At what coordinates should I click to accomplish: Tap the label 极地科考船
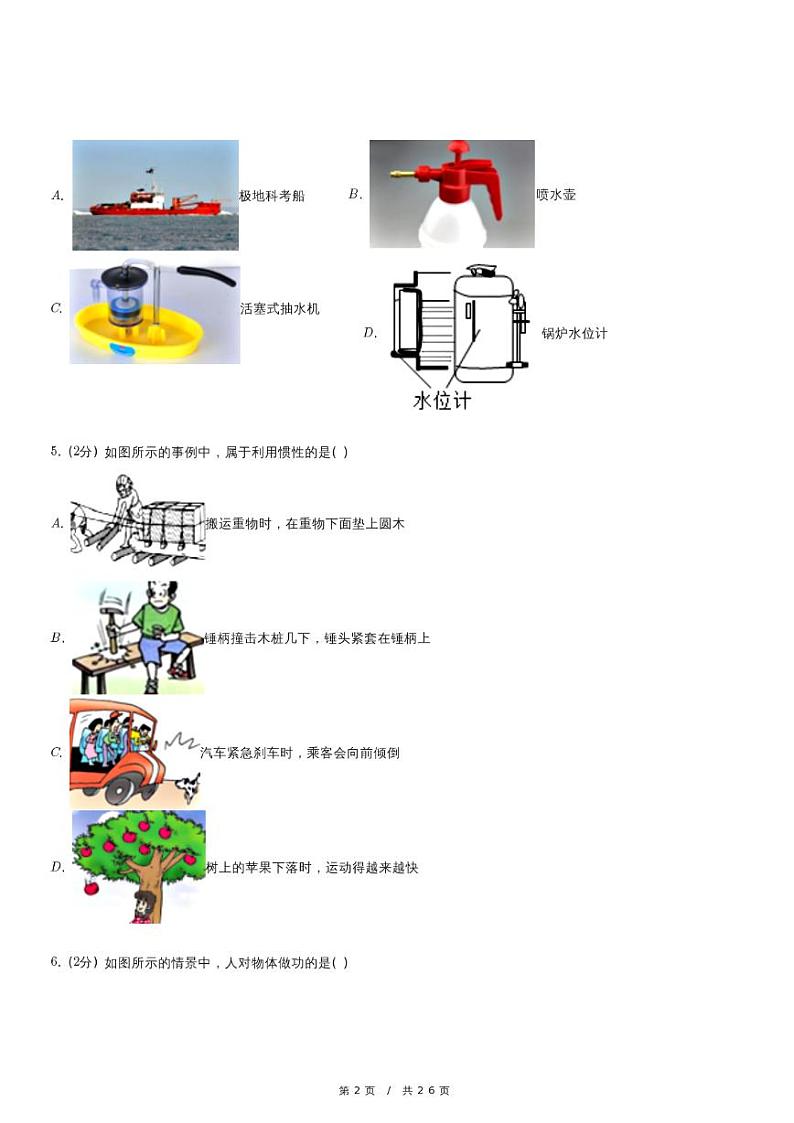(272, 196)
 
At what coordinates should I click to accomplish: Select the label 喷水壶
(556, 195)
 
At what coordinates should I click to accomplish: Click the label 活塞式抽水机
(281, 309)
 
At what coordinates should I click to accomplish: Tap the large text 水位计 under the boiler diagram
(441, 401)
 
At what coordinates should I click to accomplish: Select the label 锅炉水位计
(574, 333)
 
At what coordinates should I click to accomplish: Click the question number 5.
(56, 452)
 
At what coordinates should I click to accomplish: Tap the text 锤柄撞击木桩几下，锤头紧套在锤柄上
(317, 638)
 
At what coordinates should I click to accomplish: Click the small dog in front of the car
(187, 790)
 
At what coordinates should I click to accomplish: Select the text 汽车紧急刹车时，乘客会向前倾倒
(300, 753)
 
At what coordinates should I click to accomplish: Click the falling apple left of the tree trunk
(90, 887)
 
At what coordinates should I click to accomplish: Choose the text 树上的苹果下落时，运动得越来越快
(312, 868)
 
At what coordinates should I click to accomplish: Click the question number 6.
(56, 963)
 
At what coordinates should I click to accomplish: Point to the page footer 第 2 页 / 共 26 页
(396, 1090)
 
